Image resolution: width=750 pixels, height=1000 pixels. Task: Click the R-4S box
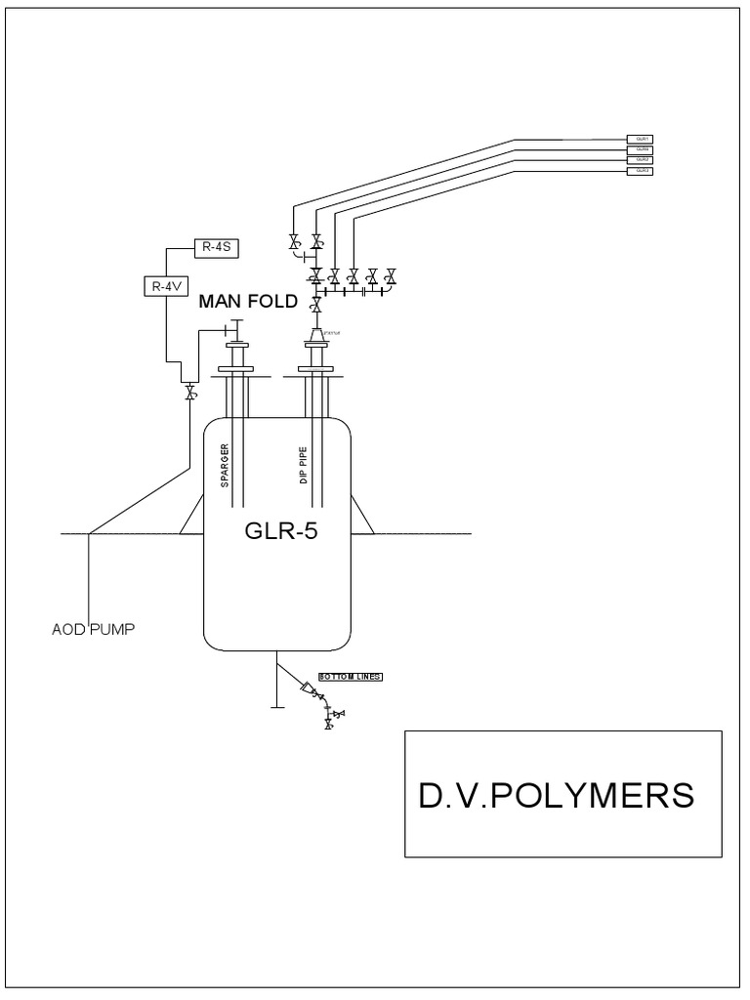point(213,245)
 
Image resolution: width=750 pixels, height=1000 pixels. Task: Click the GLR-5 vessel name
point(276,533)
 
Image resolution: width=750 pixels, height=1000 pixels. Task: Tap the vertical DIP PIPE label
point(304,462)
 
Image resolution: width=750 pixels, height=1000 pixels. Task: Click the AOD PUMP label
point(93,629)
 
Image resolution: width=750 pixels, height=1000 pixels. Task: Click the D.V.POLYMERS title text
point(557,795)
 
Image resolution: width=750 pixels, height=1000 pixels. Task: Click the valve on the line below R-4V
point(189,392)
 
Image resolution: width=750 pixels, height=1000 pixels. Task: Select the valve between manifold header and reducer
point(315,308)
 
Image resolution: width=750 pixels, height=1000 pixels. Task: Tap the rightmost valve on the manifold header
point(391,275)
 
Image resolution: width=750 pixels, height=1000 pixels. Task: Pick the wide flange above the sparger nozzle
point(238,370)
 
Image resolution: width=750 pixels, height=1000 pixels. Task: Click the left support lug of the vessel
point(192,514)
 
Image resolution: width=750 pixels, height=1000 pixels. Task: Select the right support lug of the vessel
point(362,514)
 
